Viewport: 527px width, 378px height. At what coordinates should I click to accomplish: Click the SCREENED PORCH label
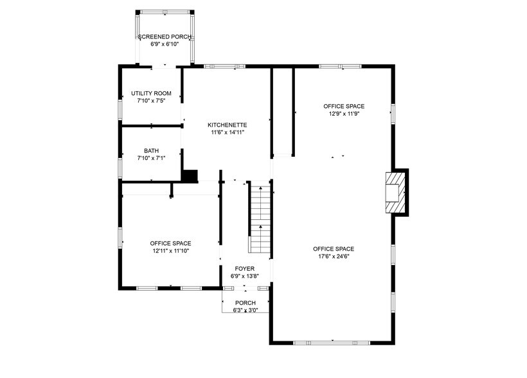165,37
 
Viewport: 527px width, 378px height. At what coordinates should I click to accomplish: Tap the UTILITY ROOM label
151,93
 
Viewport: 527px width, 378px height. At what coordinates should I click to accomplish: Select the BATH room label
151,150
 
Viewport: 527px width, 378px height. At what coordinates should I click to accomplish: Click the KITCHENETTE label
228,125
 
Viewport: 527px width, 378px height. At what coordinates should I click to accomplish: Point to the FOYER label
244,269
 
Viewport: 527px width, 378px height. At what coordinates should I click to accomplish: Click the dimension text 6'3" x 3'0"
245,310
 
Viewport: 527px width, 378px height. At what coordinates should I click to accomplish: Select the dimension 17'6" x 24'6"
334,256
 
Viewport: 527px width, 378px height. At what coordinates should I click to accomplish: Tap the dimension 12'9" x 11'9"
343,113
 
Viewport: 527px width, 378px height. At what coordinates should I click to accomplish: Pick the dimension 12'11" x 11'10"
170,251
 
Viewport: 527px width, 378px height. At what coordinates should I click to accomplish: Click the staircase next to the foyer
260,219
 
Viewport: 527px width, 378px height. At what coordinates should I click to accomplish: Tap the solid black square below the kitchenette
190,175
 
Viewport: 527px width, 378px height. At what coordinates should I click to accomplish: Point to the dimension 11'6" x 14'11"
228,132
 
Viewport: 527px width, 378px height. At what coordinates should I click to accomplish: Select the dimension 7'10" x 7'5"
151,101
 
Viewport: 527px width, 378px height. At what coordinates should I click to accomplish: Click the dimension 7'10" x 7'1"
151,158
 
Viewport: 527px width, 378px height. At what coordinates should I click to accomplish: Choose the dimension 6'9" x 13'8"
244,276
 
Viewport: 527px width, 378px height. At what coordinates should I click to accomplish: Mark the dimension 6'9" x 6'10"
165,44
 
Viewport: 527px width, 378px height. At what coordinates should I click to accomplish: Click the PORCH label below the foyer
245,303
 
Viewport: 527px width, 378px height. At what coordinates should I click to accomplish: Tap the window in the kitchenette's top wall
220,66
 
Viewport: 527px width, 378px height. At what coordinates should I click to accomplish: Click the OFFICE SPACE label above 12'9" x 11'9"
343,105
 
